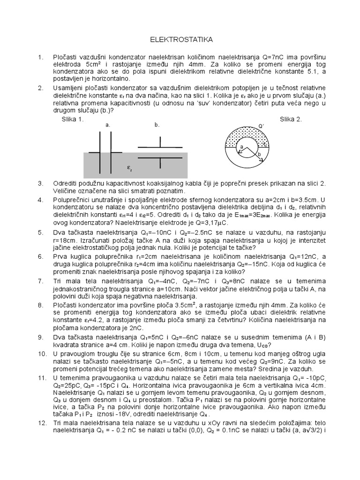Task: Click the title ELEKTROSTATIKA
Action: [180, 40]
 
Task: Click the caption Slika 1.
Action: [72, 119]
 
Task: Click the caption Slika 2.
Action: [291, 119]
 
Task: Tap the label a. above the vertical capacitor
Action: [108, 126]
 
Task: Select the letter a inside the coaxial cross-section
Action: [242, 147]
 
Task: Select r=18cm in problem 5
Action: [64, 240]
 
